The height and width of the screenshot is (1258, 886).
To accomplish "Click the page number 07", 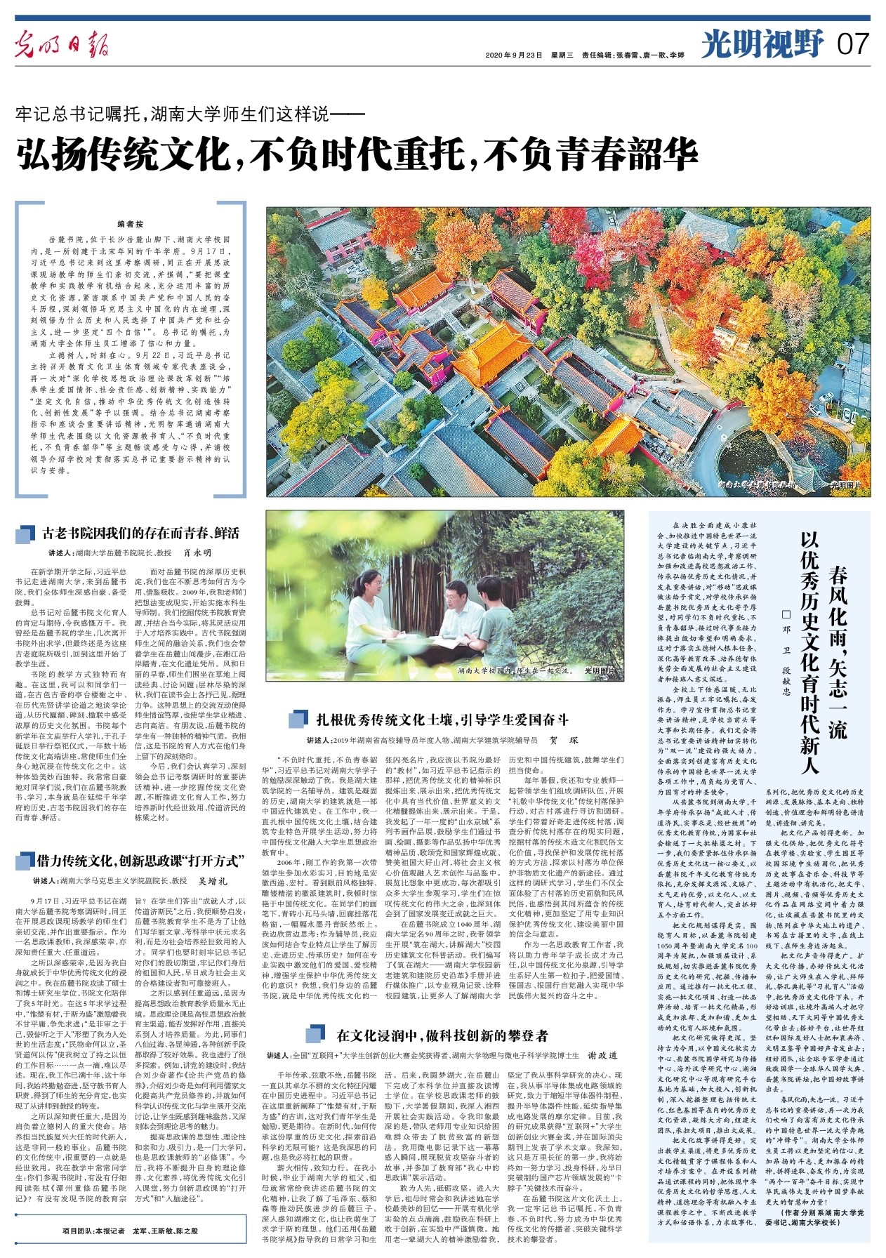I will tap(853, 44).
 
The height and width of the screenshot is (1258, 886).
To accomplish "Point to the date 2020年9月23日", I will tap(515, 55).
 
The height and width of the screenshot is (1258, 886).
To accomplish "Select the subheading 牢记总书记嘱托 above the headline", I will tap(190, 112).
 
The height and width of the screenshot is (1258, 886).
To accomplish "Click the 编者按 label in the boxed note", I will tap(131, 224).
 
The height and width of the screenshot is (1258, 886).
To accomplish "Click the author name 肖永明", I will tap(197, 553).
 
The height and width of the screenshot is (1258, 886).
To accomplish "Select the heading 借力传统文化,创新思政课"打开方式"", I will tap(140, 861).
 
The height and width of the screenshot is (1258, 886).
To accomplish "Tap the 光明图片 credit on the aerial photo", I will tap(845, 484).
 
